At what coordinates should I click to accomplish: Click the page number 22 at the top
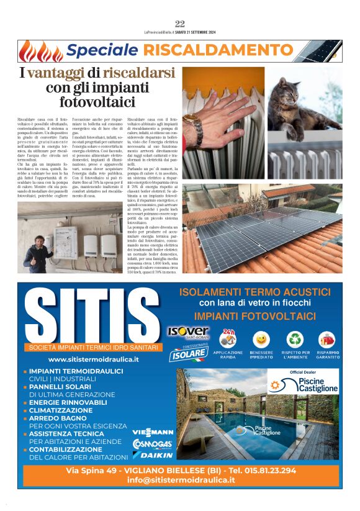pyautogui.click(x=180, y=24)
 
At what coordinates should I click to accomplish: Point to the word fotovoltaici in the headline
pyautogui.click(x=97, y=102)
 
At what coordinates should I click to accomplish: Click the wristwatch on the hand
pyautogui.click(x=195, y=124)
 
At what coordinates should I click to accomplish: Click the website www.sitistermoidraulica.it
pyautogui.click(x=94, y=359)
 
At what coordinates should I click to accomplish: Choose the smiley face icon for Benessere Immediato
pyautogui.click(x=262, y=340)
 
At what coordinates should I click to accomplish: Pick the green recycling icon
pyautogui.click(x=295, y=340)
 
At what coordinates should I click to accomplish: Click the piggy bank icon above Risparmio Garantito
pyautogui.click(x=327, y=340)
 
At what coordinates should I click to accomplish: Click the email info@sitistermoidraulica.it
pyautogui.click(x=181, y=481)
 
